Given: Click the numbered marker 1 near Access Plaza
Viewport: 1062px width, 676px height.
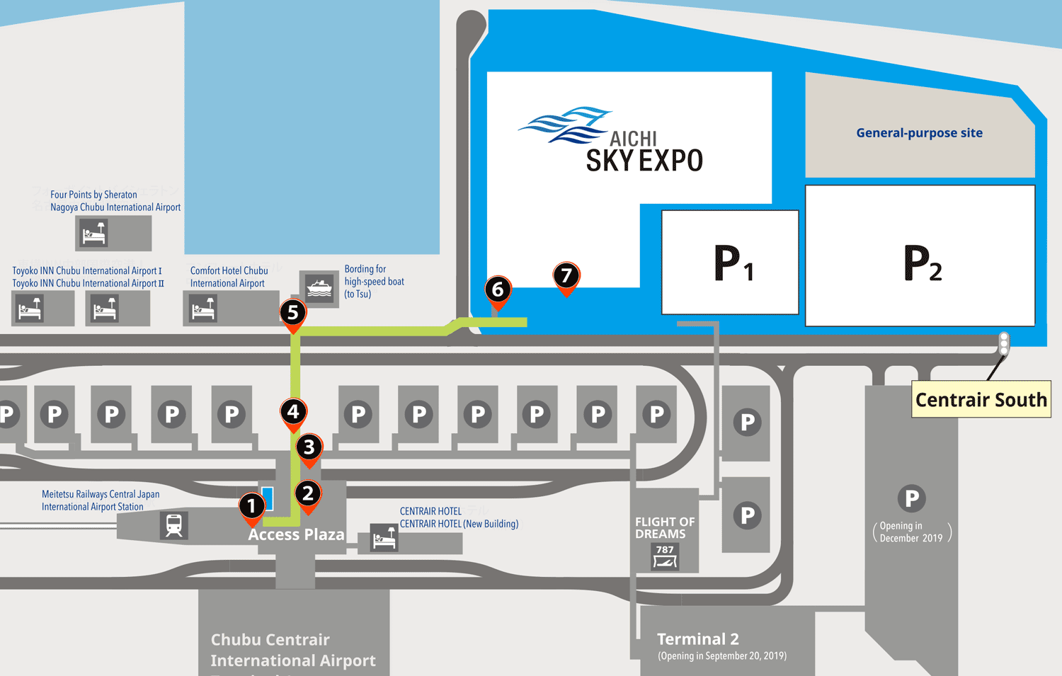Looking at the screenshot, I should point(251,506).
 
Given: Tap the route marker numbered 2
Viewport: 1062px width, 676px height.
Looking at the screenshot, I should point(308,493).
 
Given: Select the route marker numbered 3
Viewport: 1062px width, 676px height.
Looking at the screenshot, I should point(309,447).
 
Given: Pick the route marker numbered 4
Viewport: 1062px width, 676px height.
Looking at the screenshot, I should point(293,412).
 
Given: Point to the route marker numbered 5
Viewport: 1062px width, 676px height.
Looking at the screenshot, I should point(292,313).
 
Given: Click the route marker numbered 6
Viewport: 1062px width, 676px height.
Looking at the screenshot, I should point(498,290).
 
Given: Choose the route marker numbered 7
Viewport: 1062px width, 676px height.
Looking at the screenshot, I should point(566,275).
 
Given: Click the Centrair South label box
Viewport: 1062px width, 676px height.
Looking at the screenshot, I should point(981,399).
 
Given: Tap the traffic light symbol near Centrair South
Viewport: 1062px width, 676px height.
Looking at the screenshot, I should point(1003,343).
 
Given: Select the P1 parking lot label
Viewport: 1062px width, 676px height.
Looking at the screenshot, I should point(732,263).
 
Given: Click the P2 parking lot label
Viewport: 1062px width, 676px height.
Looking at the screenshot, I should point(922,263).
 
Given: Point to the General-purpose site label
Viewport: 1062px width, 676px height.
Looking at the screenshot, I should point(919,132).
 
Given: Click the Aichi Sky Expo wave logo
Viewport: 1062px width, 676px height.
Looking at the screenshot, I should point(565,125).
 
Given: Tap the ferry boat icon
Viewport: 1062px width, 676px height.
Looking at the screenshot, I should point(319,287).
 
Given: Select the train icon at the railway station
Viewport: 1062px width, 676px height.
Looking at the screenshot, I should point(173,525).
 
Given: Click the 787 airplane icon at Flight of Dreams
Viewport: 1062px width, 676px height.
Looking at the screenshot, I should point(665,556).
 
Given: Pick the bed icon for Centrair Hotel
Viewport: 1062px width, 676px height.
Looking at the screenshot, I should point(384,539).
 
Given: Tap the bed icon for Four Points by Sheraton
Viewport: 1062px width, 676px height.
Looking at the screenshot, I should point(93,233).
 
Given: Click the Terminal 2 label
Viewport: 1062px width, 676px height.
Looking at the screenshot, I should point(697,638).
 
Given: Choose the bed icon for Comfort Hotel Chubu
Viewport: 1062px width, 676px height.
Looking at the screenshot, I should point(203,309).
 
